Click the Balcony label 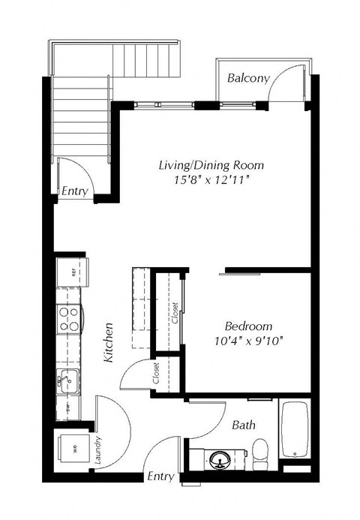pyautogui.click(x=244, y=78)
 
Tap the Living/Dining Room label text pyautogui.click(x=211, y=164)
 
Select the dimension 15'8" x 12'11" pyautogui.click(x=211, y=180)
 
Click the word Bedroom pyautogui.click(x=248, y=326)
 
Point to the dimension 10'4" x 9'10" pyautogui.click(x=248, y=341)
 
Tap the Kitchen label pyautogui.click(x=109, y=343)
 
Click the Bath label pyautogui.click(x=243, y=425)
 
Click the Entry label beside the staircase pyautogui.click(x=75, y=191)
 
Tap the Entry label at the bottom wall pyautogui.click(x=160, y=476)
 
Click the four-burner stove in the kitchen pyautogui.click(x=70, y=320)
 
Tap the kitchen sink pyautogui.click(x=67, y=381)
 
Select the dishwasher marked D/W pyautogui.click(x=67, y=410)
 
